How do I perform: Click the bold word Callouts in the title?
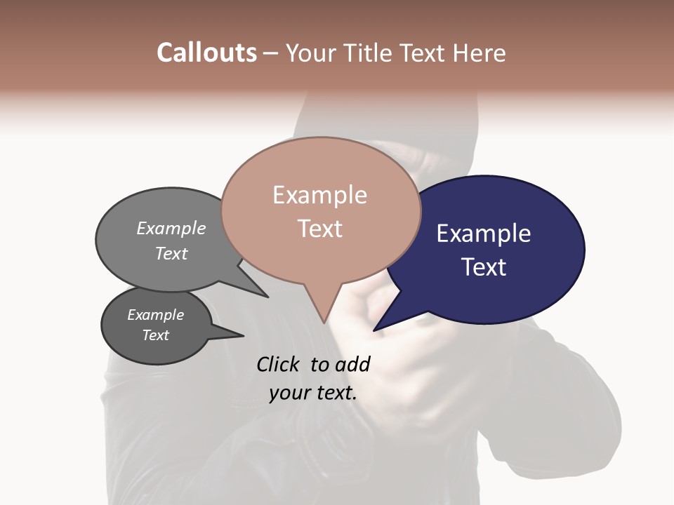point(206,53)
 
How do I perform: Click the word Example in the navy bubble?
point(483,234)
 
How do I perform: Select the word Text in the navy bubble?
point(483,267)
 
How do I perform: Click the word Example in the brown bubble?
point(319,195)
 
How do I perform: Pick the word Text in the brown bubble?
point(319,229)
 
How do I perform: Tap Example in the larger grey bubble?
point(171,228)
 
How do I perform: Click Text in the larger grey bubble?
point(171,253)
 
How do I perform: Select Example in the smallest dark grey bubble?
point(155,315)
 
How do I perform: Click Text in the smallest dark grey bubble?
point(155,335)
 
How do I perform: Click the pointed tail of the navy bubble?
point(375,330)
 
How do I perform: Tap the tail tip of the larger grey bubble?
point(267,297)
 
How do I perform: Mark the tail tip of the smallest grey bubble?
point(243,335)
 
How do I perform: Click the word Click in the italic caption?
point(279,364)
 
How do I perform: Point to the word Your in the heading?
point(310,53)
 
